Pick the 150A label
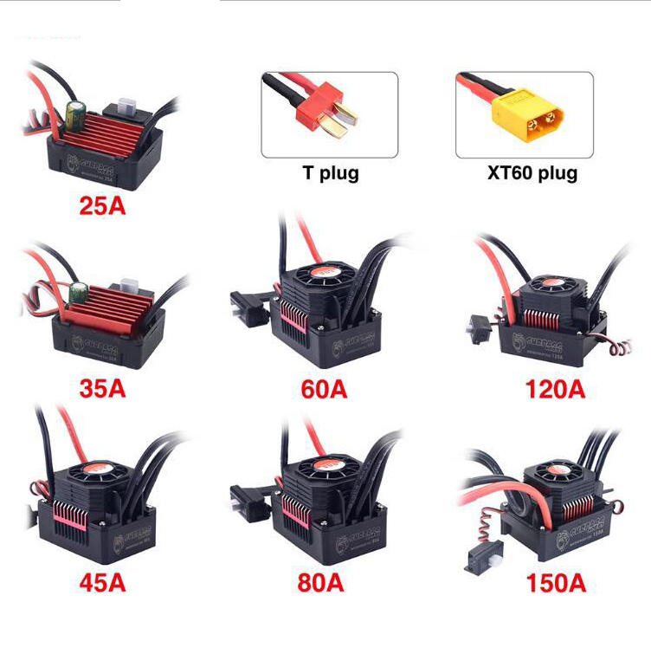(555, 581)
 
